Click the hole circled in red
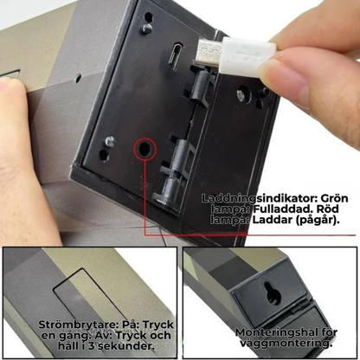[145, 149]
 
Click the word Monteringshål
[274, 332]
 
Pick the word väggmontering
[286, 344]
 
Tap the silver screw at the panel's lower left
[109, 140]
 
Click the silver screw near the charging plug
[242, 93]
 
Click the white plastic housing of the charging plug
[248, 55]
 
